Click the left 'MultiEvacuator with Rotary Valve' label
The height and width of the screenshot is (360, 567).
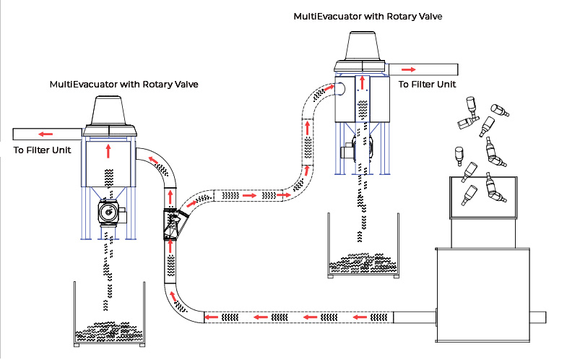pyautogui.click(x=124, y=85)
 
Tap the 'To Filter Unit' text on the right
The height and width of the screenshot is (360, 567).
pyautogui.click(x=428, y=84)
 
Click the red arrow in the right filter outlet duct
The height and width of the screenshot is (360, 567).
pyautogui.click(x=409, y=69)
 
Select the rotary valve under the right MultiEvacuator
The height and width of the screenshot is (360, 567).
pyautogui.click(x=358, y=150)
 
